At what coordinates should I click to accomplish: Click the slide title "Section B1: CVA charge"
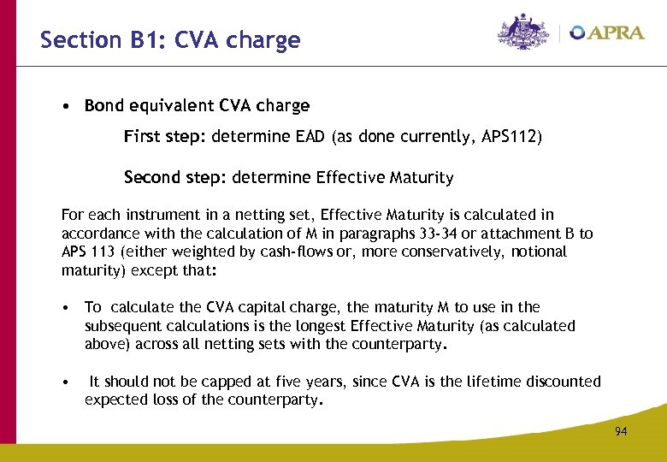170,40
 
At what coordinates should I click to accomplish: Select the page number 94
621,431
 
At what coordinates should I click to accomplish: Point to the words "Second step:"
174,178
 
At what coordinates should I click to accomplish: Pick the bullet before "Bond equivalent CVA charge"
65,107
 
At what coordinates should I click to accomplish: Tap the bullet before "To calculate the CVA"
65,307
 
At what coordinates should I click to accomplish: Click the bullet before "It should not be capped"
65,382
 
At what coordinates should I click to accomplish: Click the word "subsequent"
121,326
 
